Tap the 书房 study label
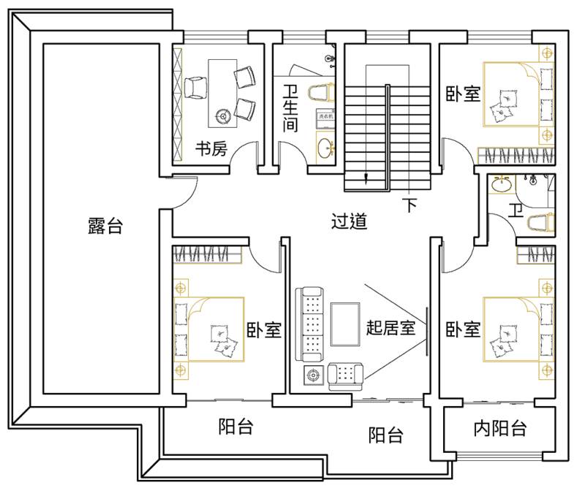click(x=211, y=150)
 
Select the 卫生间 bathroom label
click(x=290, y=110)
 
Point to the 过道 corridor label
click(x=349, y=221)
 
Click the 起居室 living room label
click(x=391, y=327)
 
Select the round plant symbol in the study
click(x=224, y=114)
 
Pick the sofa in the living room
click(x=310, y=324)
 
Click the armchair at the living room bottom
click(x=344, y=374)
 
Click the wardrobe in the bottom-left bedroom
click(x=206, y=254)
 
